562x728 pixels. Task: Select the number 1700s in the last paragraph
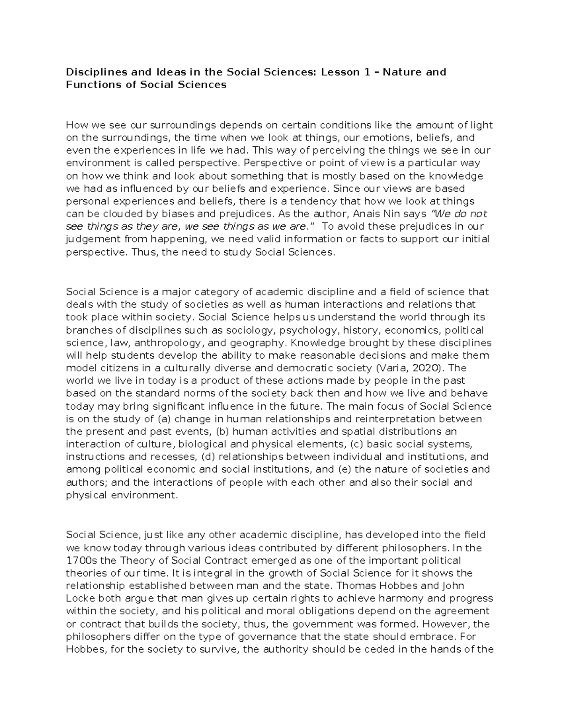(x=80, y=561)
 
